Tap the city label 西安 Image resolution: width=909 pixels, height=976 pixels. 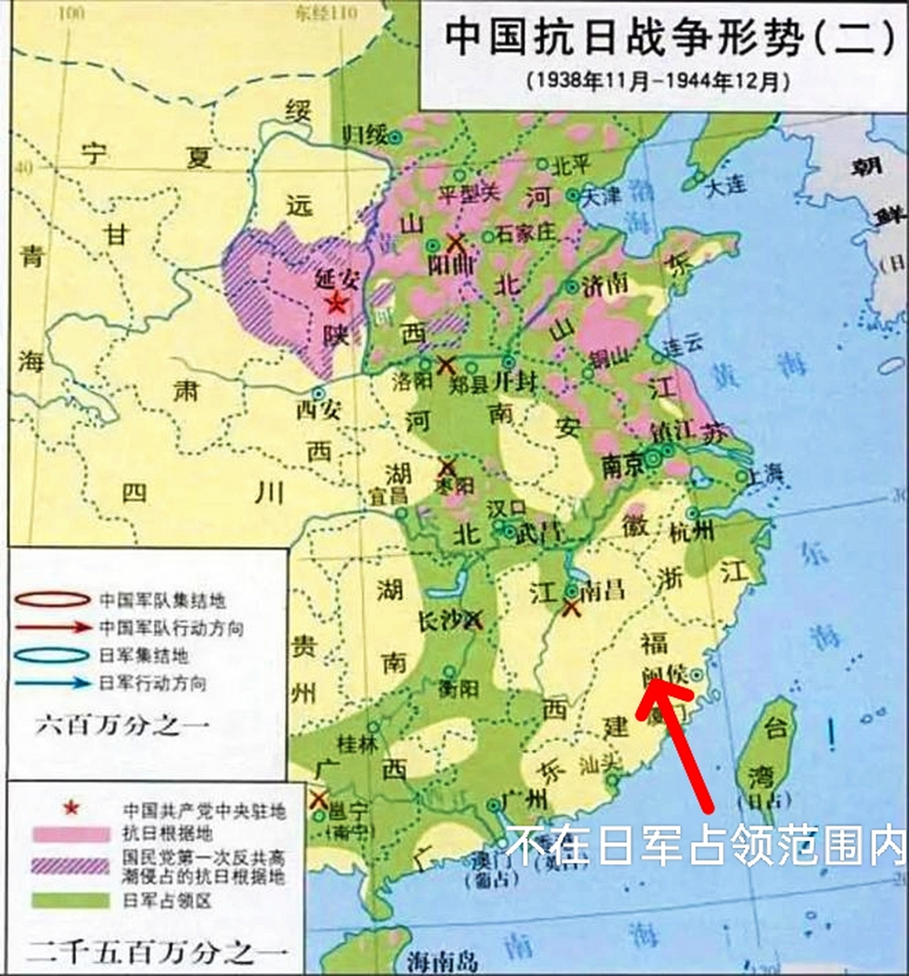coord(318,411)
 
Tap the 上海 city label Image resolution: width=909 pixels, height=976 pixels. coord(765,474)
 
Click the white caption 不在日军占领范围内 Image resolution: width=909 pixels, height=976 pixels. coord(705,846)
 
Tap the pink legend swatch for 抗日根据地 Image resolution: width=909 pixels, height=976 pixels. coord(70,833)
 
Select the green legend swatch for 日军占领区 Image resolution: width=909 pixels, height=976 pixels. coord(70,901)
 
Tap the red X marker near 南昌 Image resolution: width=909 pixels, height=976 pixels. coord(571,608)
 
